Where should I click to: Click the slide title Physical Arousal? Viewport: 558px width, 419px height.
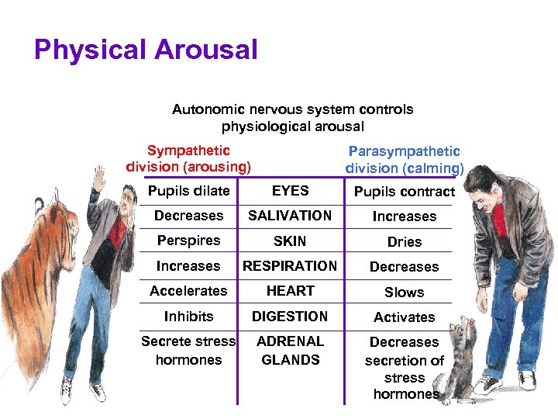point(146,50)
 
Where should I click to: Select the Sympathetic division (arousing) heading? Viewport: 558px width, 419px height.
point(188,158)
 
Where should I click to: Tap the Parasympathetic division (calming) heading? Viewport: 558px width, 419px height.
point(404,160)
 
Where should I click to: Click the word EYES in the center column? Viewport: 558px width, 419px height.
point(291,191)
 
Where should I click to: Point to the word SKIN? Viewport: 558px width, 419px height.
point(290,241)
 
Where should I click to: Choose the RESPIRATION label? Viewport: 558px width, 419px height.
point(290,266)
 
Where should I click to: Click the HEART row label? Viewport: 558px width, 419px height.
point(290,291)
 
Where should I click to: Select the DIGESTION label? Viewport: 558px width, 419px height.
point(290,317)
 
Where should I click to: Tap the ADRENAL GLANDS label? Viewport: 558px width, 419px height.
point(290,350)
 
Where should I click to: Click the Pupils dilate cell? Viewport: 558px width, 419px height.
point(188,191)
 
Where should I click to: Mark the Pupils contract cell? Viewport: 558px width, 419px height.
point(404,192)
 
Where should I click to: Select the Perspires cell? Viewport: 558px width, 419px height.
point(188,241)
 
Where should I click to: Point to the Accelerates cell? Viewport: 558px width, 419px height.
point(188,291)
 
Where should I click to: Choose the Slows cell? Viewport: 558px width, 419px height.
point(404,293)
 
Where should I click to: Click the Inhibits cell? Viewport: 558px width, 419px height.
point(188,317)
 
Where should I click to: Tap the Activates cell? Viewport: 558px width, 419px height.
point(404,317)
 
